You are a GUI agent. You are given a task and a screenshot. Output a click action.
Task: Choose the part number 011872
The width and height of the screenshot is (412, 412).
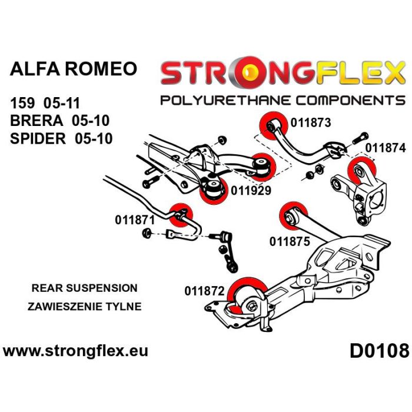(x=204, y=290)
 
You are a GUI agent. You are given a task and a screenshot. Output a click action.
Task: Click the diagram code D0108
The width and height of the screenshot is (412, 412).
(x=379, y=352)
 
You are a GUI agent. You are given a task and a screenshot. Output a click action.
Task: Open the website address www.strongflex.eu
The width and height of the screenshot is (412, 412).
(x=75, y=352)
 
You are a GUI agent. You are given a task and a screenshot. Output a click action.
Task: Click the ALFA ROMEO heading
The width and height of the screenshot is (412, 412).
(x=74, y=69)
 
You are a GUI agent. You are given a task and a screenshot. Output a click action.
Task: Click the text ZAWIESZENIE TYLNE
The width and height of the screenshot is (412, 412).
(x=84, y=307)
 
